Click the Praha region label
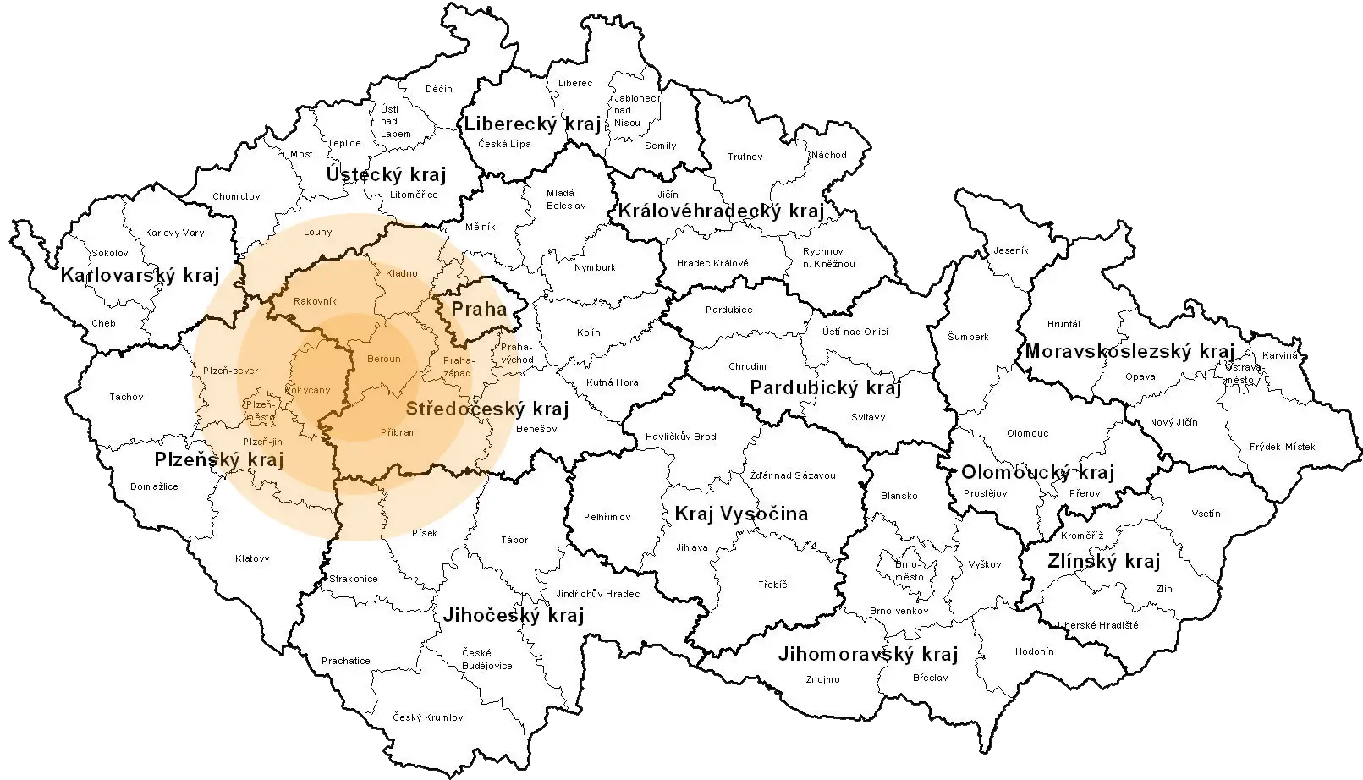tap(479, 309)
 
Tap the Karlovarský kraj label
tap(140, 275)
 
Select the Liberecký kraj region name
tap(532, 124)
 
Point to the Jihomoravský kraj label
tap(867, 654)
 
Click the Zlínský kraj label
tap(1103, 562)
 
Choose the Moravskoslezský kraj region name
tap(1129, 351)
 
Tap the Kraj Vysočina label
tap(740, 514)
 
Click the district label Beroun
tap(384, 359)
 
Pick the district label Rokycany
tap(308, 390)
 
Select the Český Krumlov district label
tap(428, 717)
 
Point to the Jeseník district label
tap(1010, 250)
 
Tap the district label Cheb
tap(103, 323)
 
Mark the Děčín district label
tap(438, 89)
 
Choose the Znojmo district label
tap(822, 679)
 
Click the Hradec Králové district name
tap(712, 263)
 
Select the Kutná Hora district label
tap(613, 382)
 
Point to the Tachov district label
tap(126, 397)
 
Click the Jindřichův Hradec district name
tap(598, 594)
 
